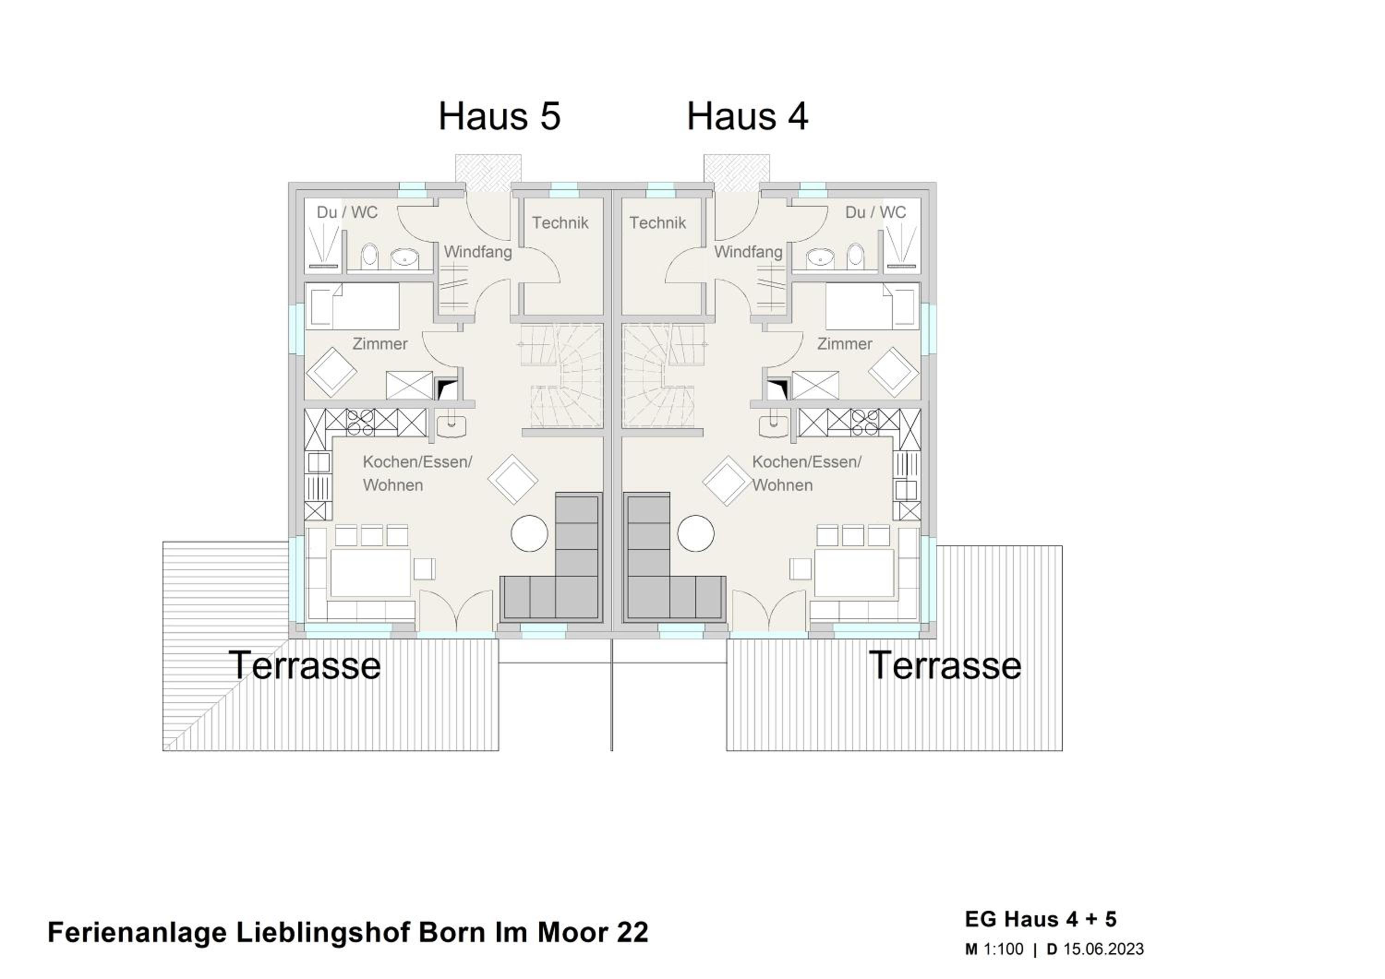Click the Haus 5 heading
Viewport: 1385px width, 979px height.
(500, 116)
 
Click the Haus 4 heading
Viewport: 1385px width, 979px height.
(747, 116)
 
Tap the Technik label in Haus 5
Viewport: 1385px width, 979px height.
(560, 223)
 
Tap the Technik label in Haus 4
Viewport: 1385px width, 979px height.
(657, 223)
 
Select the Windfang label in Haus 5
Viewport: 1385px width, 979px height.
(478, 252)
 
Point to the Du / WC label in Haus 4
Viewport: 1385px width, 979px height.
(875, 212)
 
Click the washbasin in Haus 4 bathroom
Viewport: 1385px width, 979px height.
(822, 258)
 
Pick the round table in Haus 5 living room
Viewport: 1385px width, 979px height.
(530, 533)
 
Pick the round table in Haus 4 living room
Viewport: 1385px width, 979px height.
(696, 533)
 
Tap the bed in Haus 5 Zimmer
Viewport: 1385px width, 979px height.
(352, 306)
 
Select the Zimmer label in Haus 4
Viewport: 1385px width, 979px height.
(844, 344)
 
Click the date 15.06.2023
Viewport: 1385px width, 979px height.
(1103, 949)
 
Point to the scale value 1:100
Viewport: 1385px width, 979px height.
(1003, 949)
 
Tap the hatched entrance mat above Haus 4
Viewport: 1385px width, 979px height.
(736, 173)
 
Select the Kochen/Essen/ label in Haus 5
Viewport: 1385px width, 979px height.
(417, 462)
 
